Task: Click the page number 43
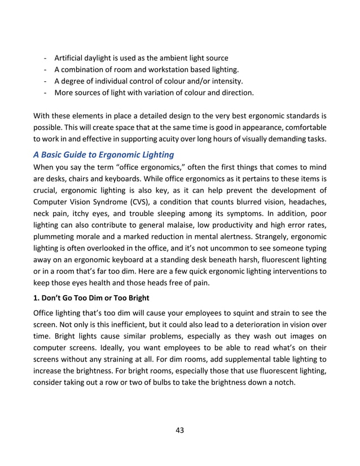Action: [x=180, y=430]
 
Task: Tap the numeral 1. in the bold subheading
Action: [x=38, y=293]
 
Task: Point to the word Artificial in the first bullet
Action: [x=72, y=58]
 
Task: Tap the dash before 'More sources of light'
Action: [x=45, y=92]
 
